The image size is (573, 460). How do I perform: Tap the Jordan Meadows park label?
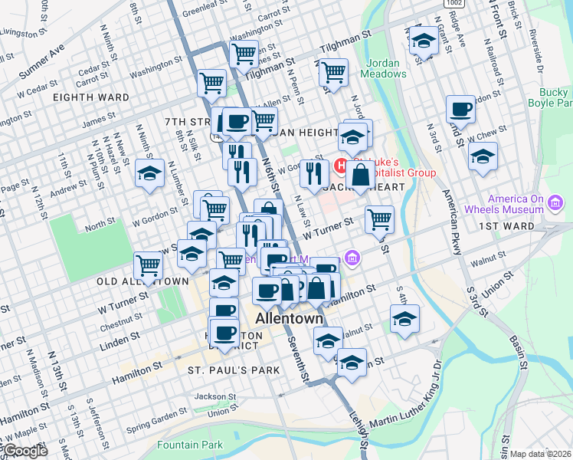coord(385,68)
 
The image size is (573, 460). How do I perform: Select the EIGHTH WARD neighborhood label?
coord(91,97)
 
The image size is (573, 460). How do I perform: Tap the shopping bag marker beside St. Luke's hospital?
coord(359,176)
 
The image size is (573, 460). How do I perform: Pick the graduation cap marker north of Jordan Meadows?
coord(423,41)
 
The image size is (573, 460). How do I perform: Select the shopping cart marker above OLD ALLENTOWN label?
coord(148,266)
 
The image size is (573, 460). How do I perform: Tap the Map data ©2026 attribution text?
coord(540,454)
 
